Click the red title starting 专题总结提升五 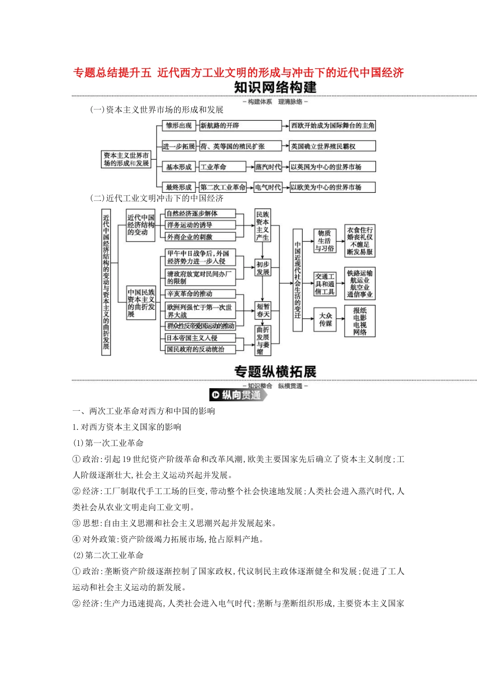[238, 73]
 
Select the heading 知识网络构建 [275, 87]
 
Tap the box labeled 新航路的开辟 [240, 126]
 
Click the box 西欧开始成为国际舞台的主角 [332, 126]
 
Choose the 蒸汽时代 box [268, 167]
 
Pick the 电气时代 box [268, 187]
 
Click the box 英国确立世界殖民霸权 [332, 146]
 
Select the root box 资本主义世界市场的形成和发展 [127, 159]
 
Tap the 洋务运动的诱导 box [200, 225]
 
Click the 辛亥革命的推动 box [200, 294]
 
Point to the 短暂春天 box [263, 310]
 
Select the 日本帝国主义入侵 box [200, 338]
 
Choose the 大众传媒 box [325, 319]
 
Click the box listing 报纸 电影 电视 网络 [360, 321]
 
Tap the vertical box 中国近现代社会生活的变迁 [298, 280]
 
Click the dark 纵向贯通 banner [237, 395]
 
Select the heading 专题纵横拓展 [275, 372]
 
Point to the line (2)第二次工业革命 [108, 555]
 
